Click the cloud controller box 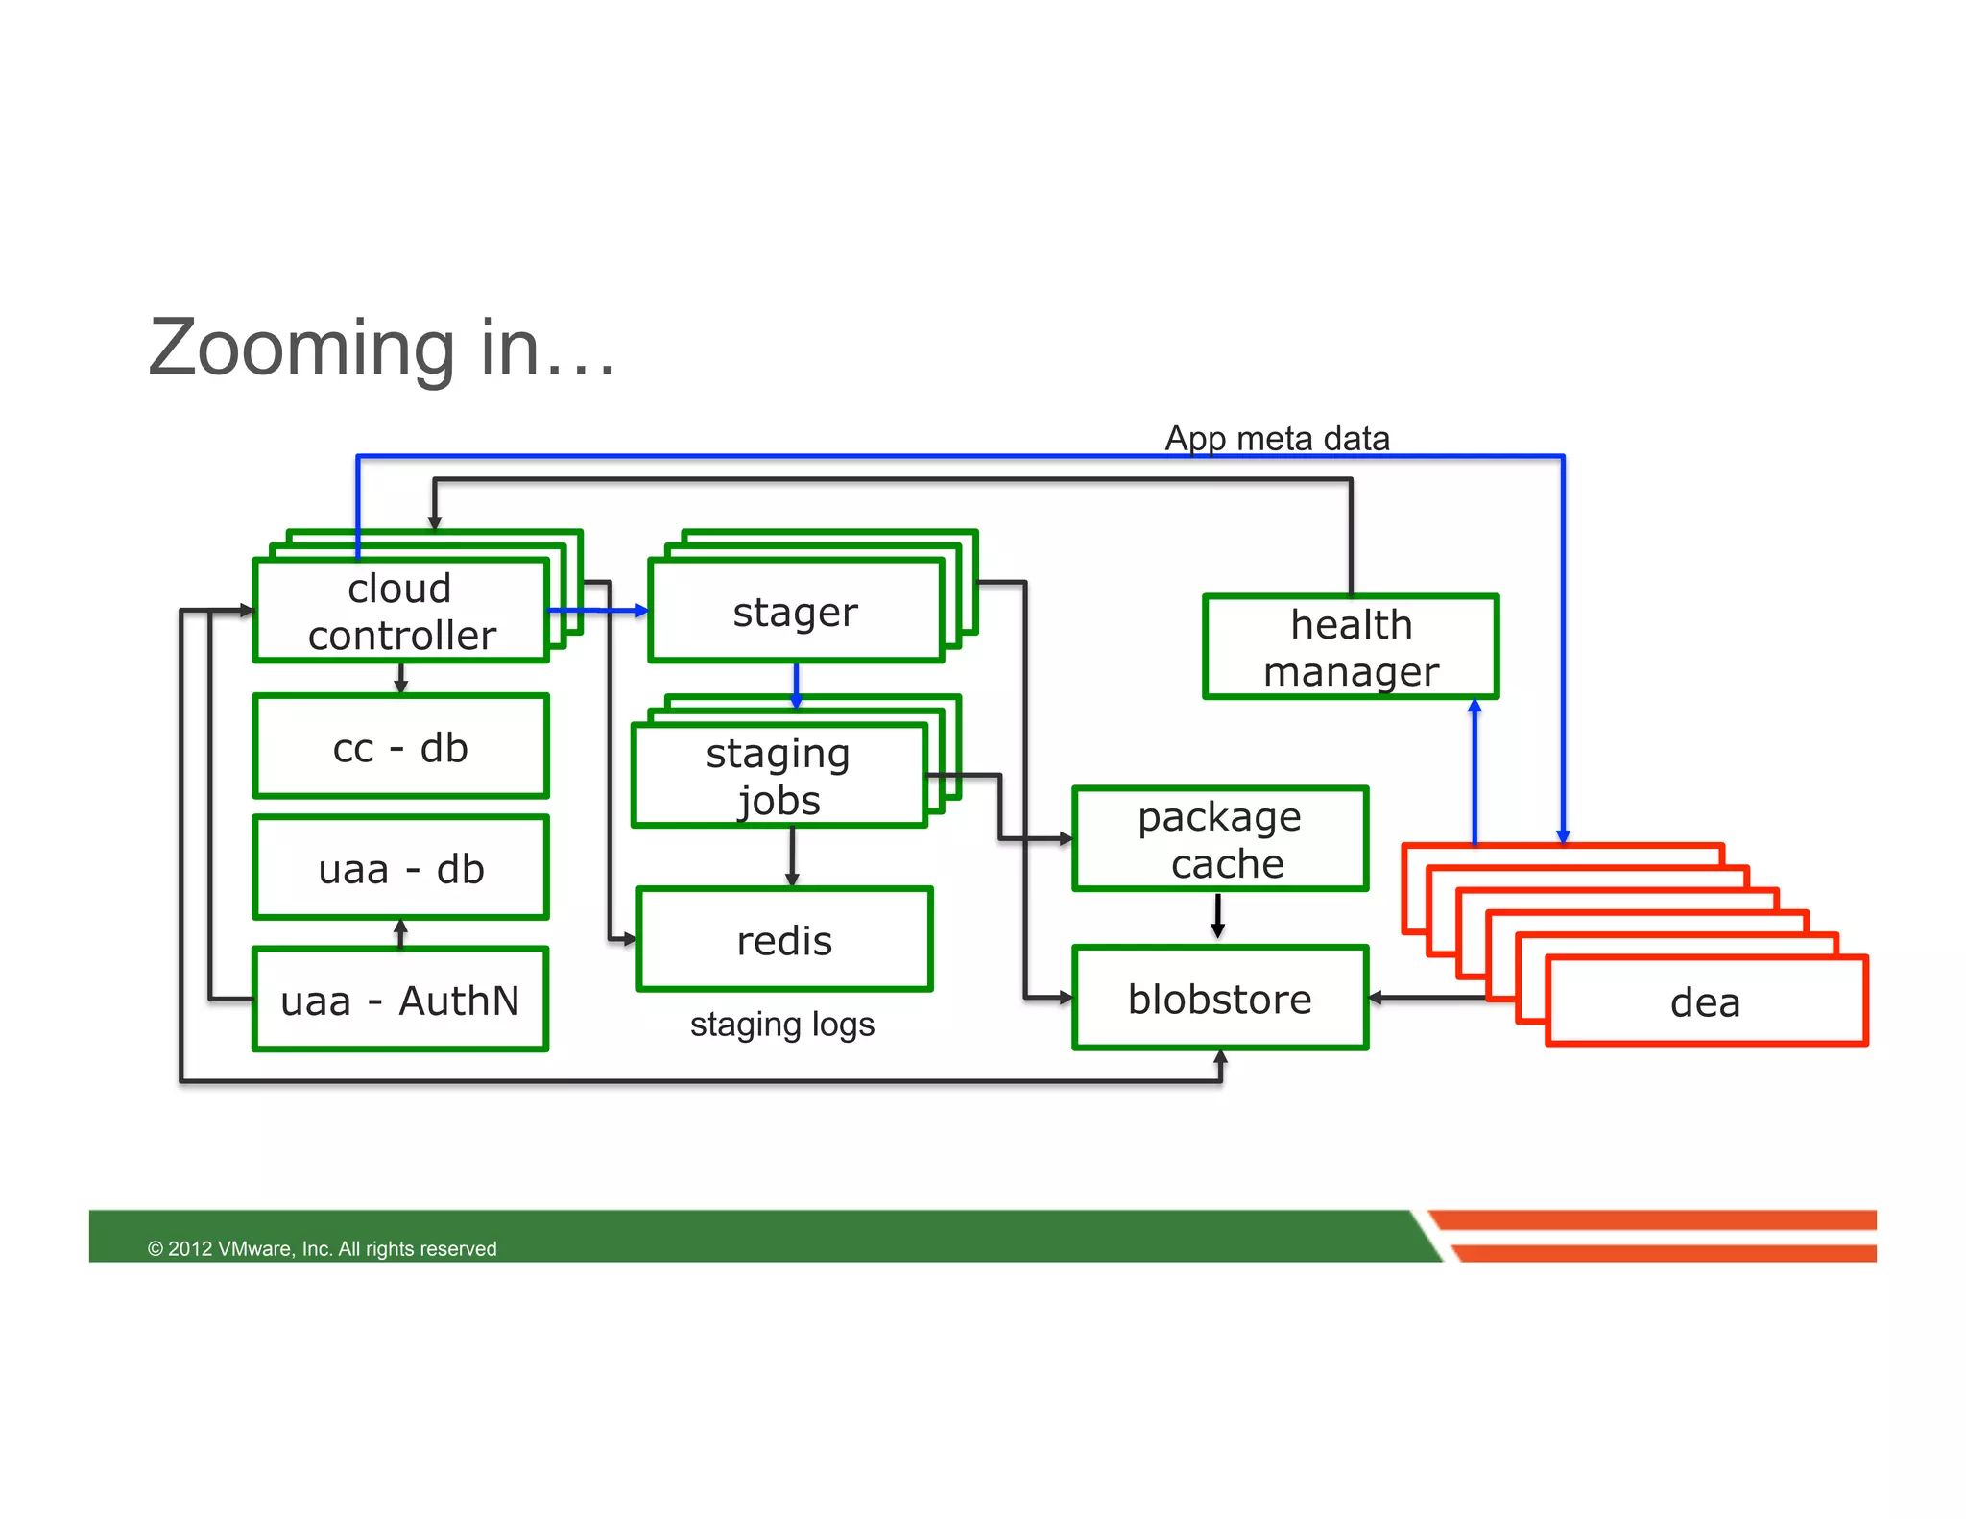coord(400,611)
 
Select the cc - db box coord(400,747)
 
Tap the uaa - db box coord(400,868)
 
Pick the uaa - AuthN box coord(400,1000)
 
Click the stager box coord(796,611)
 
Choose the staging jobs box coord(779,776)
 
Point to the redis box coord(784,939)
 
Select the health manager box coord(1351,647)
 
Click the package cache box coord(1220,839)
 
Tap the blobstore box coord(1220,999)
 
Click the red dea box coord(1706,1001)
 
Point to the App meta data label coord(1277,438)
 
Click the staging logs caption coord(782,1024)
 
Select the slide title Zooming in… coord(382,348)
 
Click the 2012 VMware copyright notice coord(322,1248)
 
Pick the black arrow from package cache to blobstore coord(1217,916)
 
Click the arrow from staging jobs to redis coord(792,856)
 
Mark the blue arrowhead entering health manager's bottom coord(1475,708)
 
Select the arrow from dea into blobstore coord(1426,999)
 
